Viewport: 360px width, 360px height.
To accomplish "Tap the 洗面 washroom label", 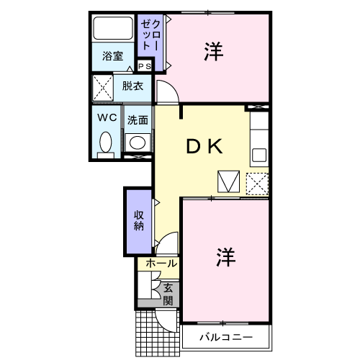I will click(138, 120).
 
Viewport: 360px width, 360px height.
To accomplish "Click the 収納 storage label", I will click(139, 220).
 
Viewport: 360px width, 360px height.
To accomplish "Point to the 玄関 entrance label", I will click(167, 294).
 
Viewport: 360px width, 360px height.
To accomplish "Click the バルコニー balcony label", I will click(225, 337).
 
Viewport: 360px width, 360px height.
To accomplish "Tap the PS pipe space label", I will click(144, 67).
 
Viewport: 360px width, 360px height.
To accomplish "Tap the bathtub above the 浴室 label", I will click(114, 29).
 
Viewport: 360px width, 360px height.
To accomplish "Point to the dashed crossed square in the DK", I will click(257, 183).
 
